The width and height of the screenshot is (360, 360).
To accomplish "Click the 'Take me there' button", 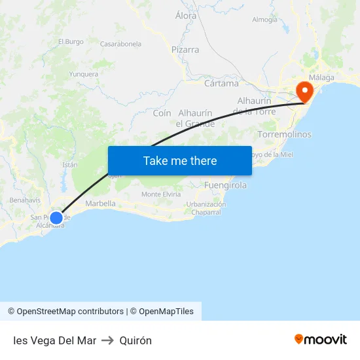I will tap(179, 160).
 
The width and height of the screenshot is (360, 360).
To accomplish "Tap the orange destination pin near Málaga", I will tap(304, 92).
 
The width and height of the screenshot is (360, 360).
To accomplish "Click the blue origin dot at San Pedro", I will tap(56, 217).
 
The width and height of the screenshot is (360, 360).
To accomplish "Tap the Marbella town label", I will tap(100, 204).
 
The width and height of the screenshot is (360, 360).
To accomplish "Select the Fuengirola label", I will tap(225, 185).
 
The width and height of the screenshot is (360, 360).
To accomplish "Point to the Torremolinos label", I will tap(285, 134).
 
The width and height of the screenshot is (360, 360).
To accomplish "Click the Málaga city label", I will tap(321, 77).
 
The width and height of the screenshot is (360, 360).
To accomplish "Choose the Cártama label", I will tap(221, 83).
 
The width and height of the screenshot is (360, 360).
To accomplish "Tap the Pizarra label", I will tap(185, 50).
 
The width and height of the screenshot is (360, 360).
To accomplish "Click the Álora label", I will tap(187, 14).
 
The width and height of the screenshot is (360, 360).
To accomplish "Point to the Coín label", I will tap(162, 113).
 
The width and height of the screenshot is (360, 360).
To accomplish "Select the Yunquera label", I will tap(84, 74).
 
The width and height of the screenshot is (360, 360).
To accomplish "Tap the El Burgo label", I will tap(71, 42).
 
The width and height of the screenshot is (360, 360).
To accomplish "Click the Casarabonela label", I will tap(120, 44).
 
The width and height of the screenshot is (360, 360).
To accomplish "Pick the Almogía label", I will tap(264, 20).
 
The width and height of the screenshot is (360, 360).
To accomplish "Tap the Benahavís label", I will tap(26, 200).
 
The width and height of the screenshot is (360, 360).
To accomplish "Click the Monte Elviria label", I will tap(161, 194).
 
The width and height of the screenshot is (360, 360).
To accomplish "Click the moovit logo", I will tap(321, 340).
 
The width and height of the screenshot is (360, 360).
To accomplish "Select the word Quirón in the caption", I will tap(136, 340).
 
